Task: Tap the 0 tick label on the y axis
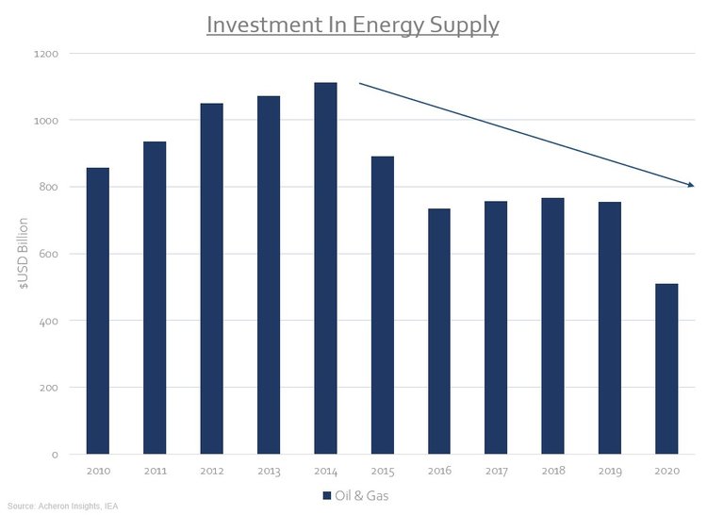pos(55,455)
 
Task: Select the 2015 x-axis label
pos(382,471)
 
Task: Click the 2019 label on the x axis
pos(610,471)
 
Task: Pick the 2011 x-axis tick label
pos(155,471)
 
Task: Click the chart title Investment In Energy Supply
pos(353,24)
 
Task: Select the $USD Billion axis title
pos(23,255)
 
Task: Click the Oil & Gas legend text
pos(361,494)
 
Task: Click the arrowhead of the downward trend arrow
pos(690,185)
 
